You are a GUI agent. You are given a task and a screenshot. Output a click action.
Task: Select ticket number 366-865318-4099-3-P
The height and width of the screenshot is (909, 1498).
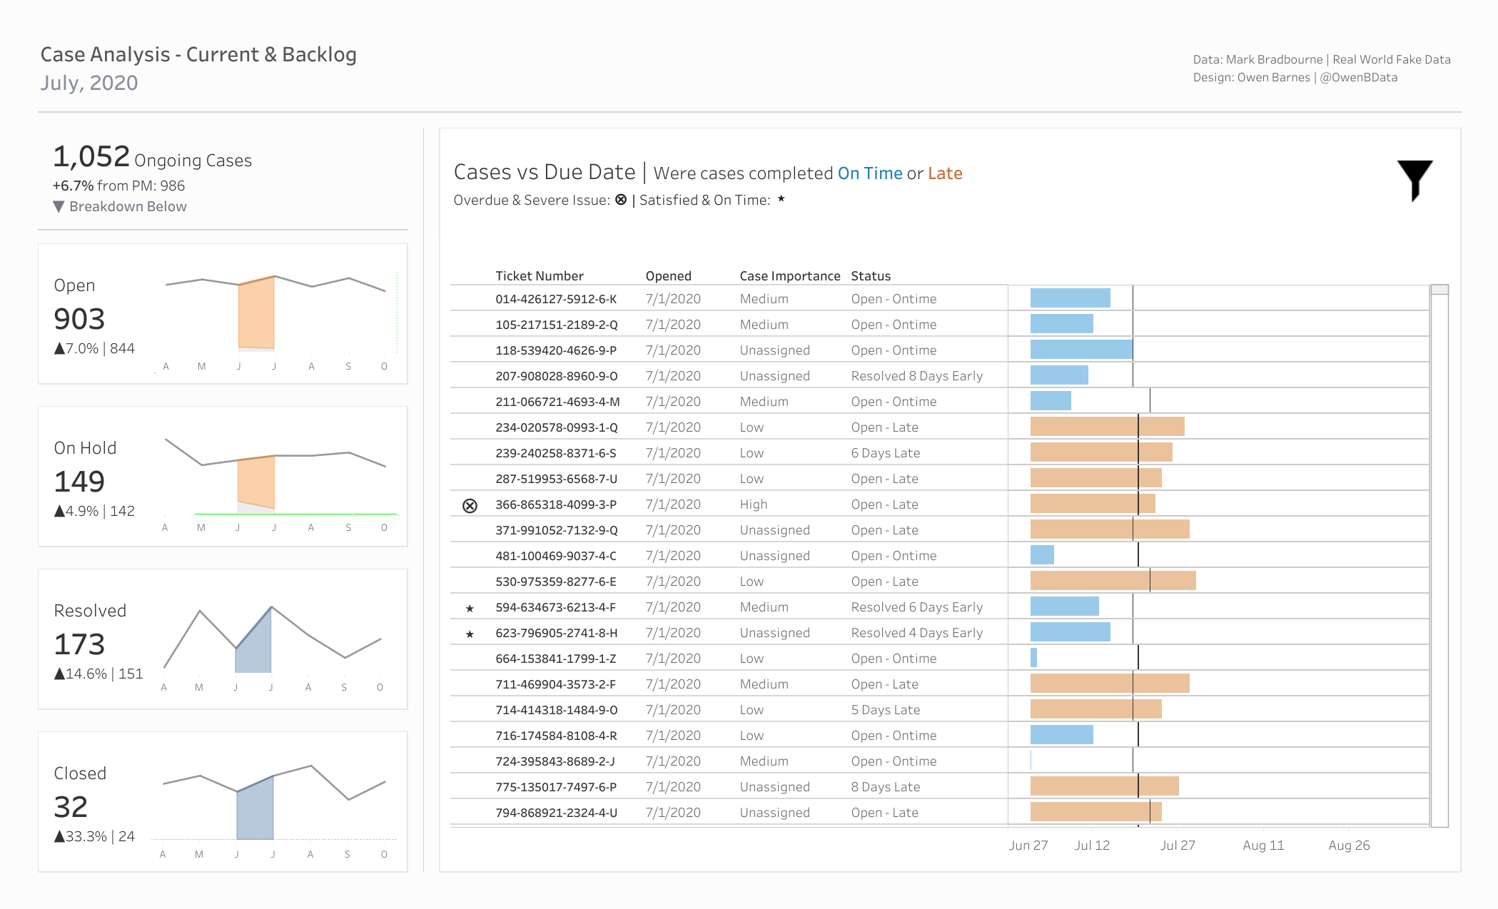(556, 504)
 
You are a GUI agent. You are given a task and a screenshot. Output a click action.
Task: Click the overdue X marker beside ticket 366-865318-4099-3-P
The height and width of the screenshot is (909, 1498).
(470, 506)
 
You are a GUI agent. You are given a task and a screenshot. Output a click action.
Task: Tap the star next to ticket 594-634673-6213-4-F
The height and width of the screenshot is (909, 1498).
(470, 609)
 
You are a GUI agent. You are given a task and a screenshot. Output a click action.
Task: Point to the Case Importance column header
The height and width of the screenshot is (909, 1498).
(790, 276)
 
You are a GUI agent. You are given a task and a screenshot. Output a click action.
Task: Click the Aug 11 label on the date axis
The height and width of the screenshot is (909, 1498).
(1263, 845)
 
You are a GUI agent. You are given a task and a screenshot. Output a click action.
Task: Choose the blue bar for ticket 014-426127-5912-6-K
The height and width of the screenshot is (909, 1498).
(1070, 298)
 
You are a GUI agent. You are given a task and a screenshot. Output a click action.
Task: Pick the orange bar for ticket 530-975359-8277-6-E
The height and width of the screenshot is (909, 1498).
(1113, 581)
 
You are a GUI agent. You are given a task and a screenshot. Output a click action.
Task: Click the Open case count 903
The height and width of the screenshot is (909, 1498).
(79, 319)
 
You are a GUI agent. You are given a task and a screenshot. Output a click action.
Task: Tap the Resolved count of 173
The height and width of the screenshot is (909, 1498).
(79, 644)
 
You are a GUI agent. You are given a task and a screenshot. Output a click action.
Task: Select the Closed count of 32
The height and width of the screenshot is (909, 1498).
(71, 807)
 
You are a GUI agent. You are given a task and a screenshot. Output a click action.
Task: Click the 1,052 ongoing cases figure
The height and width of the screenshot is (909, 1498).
(91, 156)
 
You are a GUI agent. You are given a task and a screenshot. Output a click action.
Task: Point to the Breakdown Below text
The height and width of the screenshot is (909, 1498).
(128, 207)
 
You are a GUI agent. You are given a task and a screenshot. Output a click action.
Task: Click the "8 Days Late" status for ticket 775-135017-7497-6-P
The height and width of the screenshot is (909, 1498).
(885, 787)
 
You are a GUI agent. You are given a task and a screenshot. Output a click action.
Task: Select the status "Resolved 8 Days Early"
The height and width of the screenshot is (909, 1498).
(916, 376)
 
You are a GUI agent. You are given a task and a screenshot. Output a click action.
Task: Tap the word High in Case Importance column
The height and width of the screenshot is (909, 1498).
(753, 504)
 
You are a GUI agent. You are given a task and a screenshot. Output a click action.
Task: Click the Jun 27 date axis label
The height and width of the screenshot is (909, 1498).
(1028, 845)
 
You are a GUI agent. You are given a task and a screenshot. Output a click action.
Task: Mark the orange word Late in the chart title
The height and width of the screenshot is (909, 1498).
(945, 173)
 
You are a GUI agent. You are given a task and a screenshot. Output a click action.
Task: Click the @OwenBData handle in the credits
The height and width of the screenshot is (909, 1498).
(1359, 78)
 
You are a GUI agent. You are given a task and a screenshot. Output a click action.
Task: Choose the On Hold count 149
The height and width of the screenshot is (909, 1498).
(79, 482)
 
